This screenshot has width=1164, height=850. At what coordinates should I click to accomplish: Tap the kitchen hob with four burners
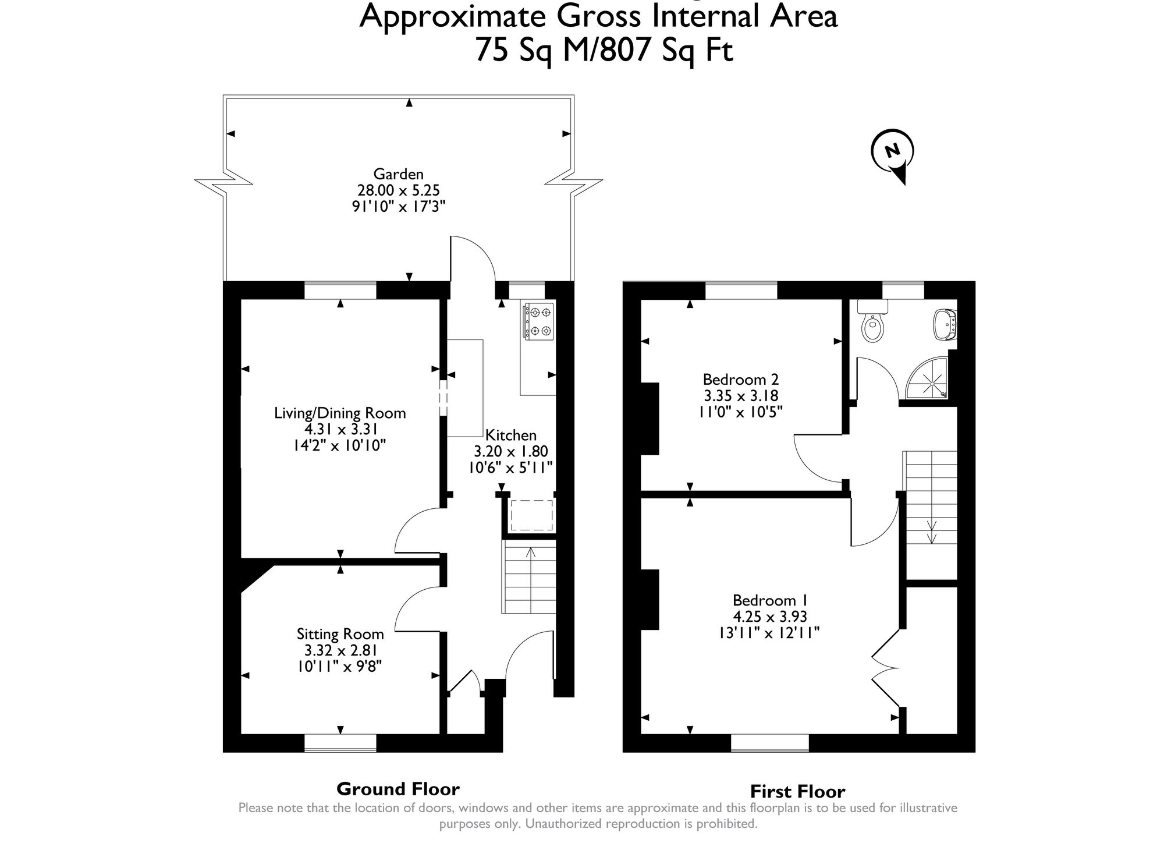click(538, 321)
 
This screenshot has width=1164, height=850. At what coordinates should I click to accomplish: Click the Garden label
click(399, 173)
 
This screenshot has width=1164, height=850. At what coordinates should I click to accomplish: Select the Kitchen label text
click(511, 435)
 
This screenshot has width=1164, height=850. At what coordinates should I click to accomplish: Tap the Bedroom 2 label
click(741, 380)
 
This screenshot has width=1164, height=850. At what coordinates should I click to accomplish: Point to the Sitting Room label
click(340, 634)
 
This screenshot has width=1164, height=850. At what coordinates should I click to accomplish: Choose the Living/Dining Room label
click(340, 413)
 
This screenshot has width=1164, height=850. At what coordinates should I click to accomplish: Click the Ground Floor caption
click(398, 789)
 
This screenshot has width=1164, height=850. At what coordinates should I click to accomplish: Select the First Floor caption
click(797, 792)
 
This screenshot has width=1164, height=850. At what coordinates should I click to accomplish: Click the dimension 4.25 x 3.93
click(770, 617)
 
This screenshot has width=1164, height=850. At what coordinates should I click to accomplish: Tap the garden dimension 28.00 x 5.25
click(399, 190)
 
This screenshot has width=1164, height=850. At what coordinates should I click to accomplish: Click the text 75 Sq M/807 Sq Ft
click(604, 49)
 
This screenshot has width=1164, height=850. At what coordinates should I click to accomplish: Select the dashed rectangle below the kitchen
click(531, 515)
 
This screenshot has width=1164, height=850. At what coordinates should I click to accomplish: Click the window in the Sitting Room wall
click(340, 743)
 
